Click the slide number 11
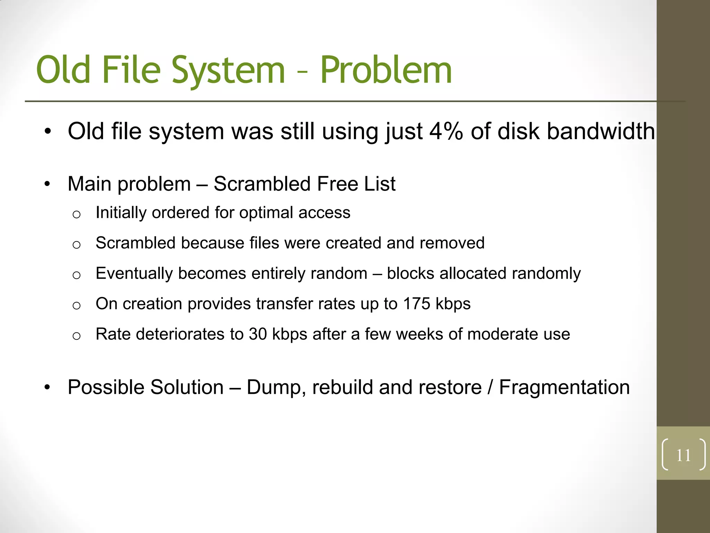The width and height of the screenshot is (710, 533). (x=683, y=455)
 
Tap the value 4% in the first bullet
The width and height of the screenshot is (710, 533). (x=446, y=132)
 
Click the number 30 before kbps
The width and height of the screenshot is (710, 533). (x=258, y=334)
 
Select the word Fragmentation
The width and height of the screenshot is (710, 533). (x=564, y=387)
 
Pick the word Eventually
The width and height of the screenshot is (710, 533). (x=134, y=274)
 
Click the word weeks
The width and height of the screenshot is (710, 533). (x=419, y=334)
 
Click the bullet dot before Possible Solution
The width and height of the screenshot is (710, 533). (x=47, y=387)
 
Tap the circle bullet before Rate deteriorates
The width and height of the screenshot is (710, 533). (x=77, y=336)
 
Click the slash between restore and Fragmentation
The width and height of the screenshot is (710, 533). (x=490, y=387)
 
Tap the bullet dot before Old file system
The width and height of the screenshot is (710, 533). (x=47, y=132)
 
